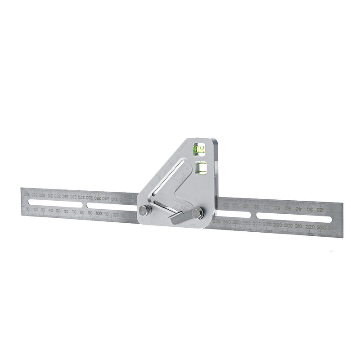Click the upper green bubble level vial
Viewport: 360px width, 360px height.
coord(198,149)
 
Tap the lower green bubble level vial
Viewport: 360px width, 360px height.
coord(201,168)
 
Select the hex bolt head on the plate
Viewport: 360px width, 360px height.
coord(197,213)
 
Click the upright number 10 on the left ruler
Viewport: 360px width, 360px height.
coord(29,209)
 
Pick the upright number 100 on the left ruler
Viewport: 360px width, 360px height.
coord(99,213)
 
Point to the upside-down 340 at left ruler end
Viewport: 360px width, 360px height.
coord(27,194)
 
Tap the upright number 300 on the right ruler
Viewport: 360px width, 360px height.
coord(288,225)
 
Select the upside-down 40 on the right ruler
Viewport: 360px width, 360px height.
coord(298,209)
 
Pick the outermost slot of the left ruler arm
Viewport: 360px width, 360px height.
coord(55,204)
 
